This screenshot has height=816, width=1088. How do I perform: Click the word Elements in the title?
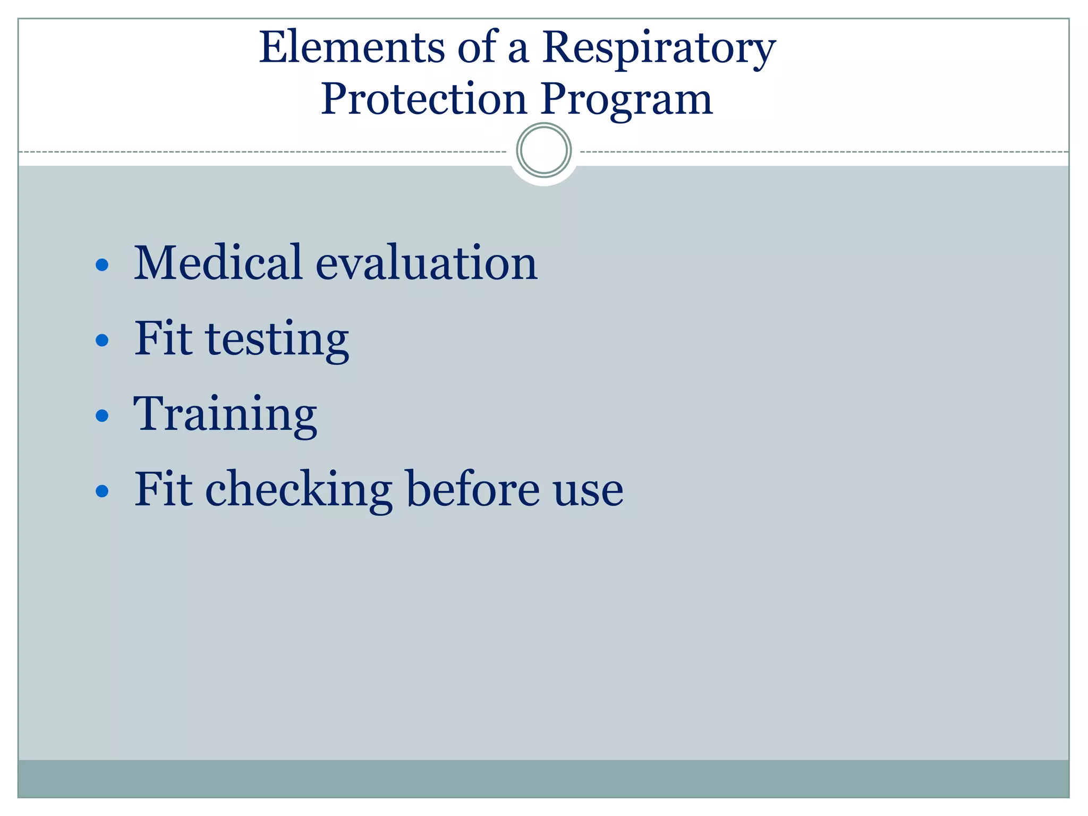tap(351, 48)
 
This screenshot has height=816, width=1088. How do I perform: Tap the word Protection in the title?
tap(423, 99)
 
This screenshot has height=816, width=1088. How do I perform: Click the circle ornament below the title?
tap(543, 150)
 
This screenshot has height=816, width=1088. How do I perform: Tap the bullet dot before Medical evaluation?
tap(102, 265)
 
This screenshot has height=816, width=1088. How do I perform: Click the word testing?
tap(277, 340)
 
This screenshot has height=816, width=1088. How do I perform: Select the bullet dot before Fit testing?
tap(102, 340)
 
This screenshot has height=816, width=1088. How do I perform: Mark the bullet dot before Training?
tap(102, 415)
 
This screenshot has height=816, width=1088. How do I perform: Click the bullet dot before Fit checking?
tap(102, 491)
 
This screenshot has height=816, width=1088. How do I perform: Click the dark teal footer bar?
tap(543, 778)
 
